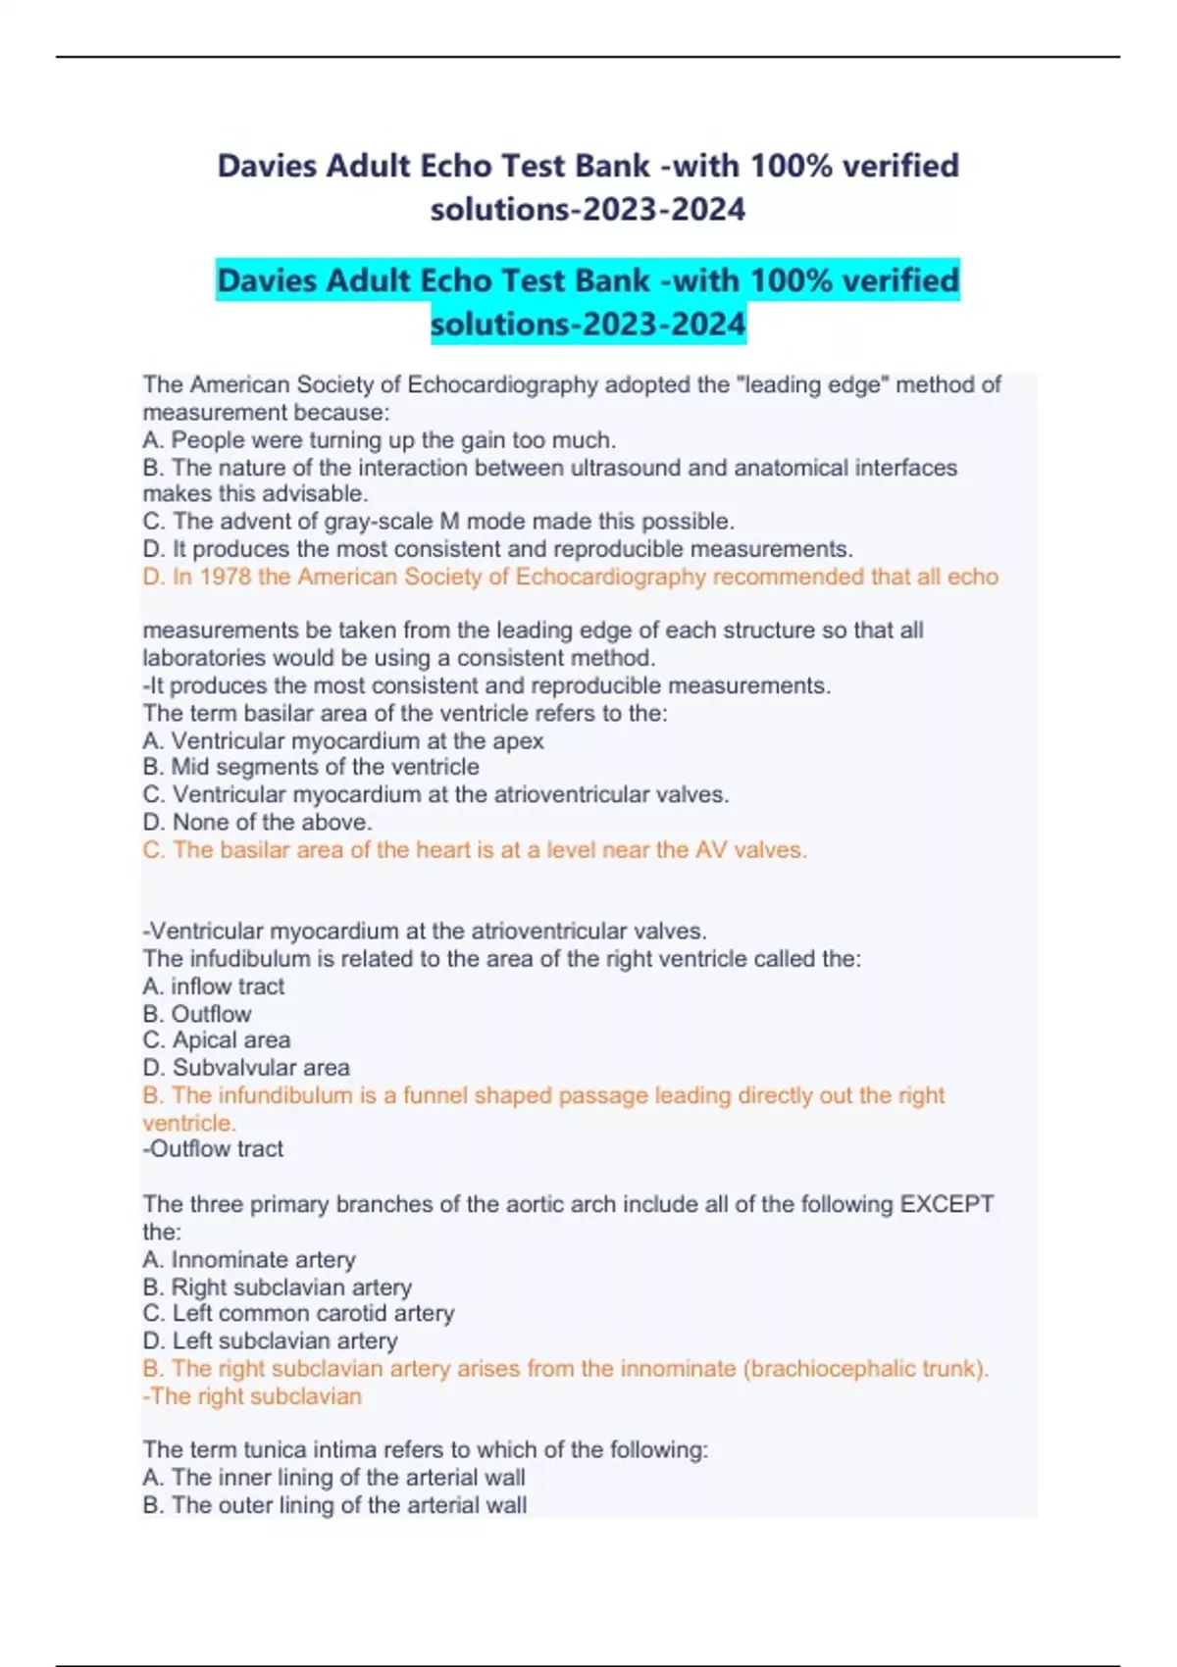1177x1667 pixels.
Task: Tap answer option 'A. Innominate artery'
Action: coord(249,1259)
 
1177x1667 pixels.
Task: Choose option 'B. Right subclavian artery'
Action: coord(277,1287)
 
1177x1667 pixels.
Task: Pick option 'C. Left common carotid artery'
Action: coord(298,1313)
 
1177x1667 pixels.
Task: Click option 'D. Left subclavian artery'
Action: coord(270,1340)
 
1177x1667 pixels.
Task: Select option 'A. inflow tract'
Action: coord(213,985)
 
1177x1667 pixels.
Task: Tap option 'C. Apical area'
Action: coord(216,1039)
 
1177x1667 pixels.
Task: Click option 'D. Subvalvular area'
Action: coord(245,1067)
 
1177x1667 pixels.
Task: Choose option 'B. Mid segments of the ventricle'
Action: coord(311,767)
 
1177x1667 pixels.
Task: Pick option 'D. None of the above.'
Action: coord(257,822)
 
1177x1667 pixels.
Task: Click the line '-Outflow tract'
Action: coord(213,1148)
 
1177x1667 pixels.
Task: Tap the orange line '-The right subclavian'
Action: coord(252,1395)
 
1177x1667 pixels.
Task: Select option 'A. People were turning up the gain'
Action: coord(379,439)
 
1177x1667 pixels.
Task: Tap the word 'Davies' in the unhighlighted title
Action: coord(266,166)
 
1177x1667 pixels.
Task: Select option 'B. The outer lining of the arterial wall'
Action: coord(334,1505)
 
